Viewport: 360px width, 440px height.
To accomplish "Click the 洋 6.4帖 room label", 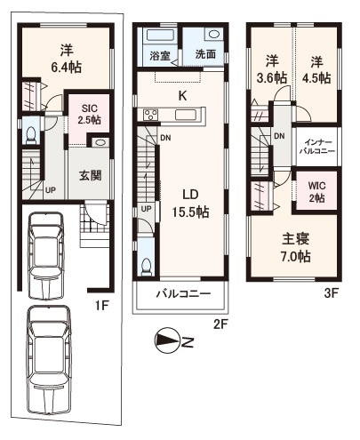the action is pos(67,59).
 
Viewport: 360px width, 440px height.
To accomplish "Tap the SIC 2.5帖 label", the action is pos(90,114).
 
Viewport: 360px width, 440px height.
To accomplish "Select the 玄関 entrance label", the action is pos(91,176).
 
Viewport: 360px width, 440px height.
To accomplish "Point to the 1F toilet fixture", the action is pos(31,135).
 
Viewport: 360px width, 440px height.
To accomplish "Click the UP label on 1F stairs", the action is pos(50,190).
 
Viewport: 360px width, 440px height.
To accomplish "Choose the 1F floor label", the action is pos(102,306).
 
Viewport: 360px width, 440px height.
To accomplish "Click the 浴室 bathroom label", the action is pos(160,55).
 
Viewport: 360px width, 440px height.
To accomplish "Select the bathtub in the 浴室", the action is pos(160,35).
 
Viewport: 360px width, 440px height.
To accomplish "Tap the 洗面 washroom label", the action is pos(205,54).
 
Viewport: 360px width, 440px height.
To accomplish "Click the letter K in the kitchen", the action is pos(182,96).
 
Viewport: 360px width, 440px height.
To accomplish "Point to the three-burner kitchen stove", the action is pos(151,115).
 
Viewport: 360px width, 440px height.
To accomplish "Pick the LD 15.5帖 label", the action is pos(190,204).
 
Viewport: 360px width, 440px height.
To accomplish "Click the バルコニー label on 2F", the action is pos(184,294).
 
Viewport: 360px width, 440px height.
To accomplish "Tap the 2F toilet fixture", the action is pos(146,267).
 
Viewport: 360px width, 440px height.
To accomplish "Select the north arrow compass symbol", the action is pos(167,340).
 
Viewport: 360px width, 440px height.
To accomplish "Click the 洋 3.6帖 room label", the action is pos(272,69).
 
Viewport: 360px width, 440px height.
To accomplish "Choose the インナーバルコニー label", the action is pos(317,147).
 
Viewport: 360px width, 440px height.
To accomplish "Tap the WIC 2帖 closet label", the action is pos(316,192).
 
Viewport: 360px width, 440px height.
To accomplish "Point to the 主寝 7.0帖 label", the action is pos(296,247).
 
